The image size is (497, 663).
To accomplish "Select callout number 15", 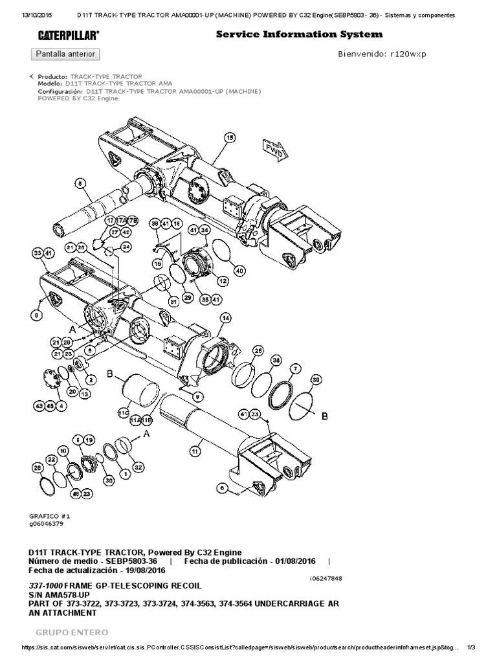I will [x=229, y=137].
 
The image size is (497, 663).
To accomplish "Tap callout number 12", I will [x=223, y=281].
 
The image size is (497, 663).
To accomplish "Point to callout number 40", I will [x=239, y=270].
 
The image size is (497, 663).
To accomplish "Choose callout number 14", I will [x=225, y=318].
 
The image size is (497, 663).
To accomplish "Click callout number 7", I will [x=295, y=368].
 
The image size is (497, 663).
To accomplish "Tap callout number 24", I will [x=125, y=246].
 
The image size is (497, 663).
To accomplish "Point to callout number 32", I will [x=137, y=466].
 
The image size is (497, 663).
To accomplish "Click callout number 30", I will [x=109, y=480].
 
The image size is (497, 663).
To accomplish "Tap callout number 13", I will [x=84, y=393].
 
